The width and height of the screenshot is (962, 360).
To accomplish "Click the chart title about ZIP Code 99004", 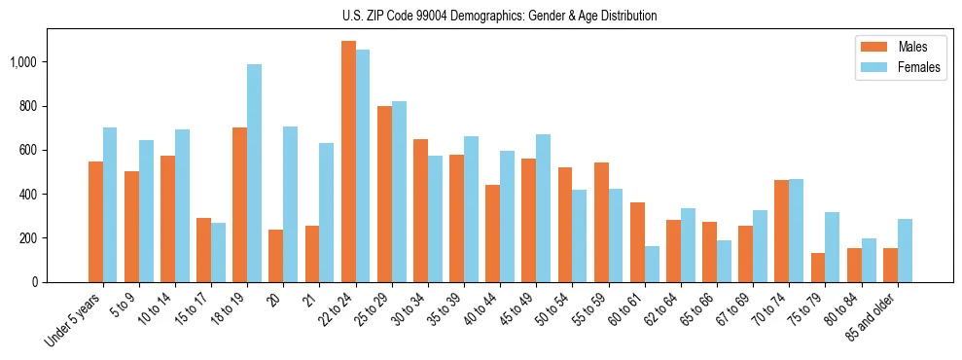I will (x=500, y=16).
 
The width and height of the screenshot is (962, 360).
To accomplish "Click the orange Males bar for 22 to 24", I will (x=348, y=162).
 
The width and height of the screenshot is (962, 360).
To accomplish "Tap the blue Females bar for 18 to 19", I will (x=254, y=173).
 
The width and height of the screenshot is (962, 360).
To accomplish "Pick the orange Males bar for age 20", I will (x=276, y=256).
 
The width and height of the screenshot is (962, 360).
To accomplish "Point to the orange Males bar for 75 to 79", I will (x=817, y=268).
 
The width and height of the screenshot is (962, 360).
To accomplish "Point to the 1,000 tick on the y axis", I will (x=23, y=62).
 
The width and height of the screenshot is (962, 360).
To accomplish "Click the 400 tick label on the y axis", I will (x=27, y=195).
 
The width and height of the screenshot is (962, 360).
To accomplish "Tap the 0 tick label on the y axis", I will (x=34, y=282).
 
